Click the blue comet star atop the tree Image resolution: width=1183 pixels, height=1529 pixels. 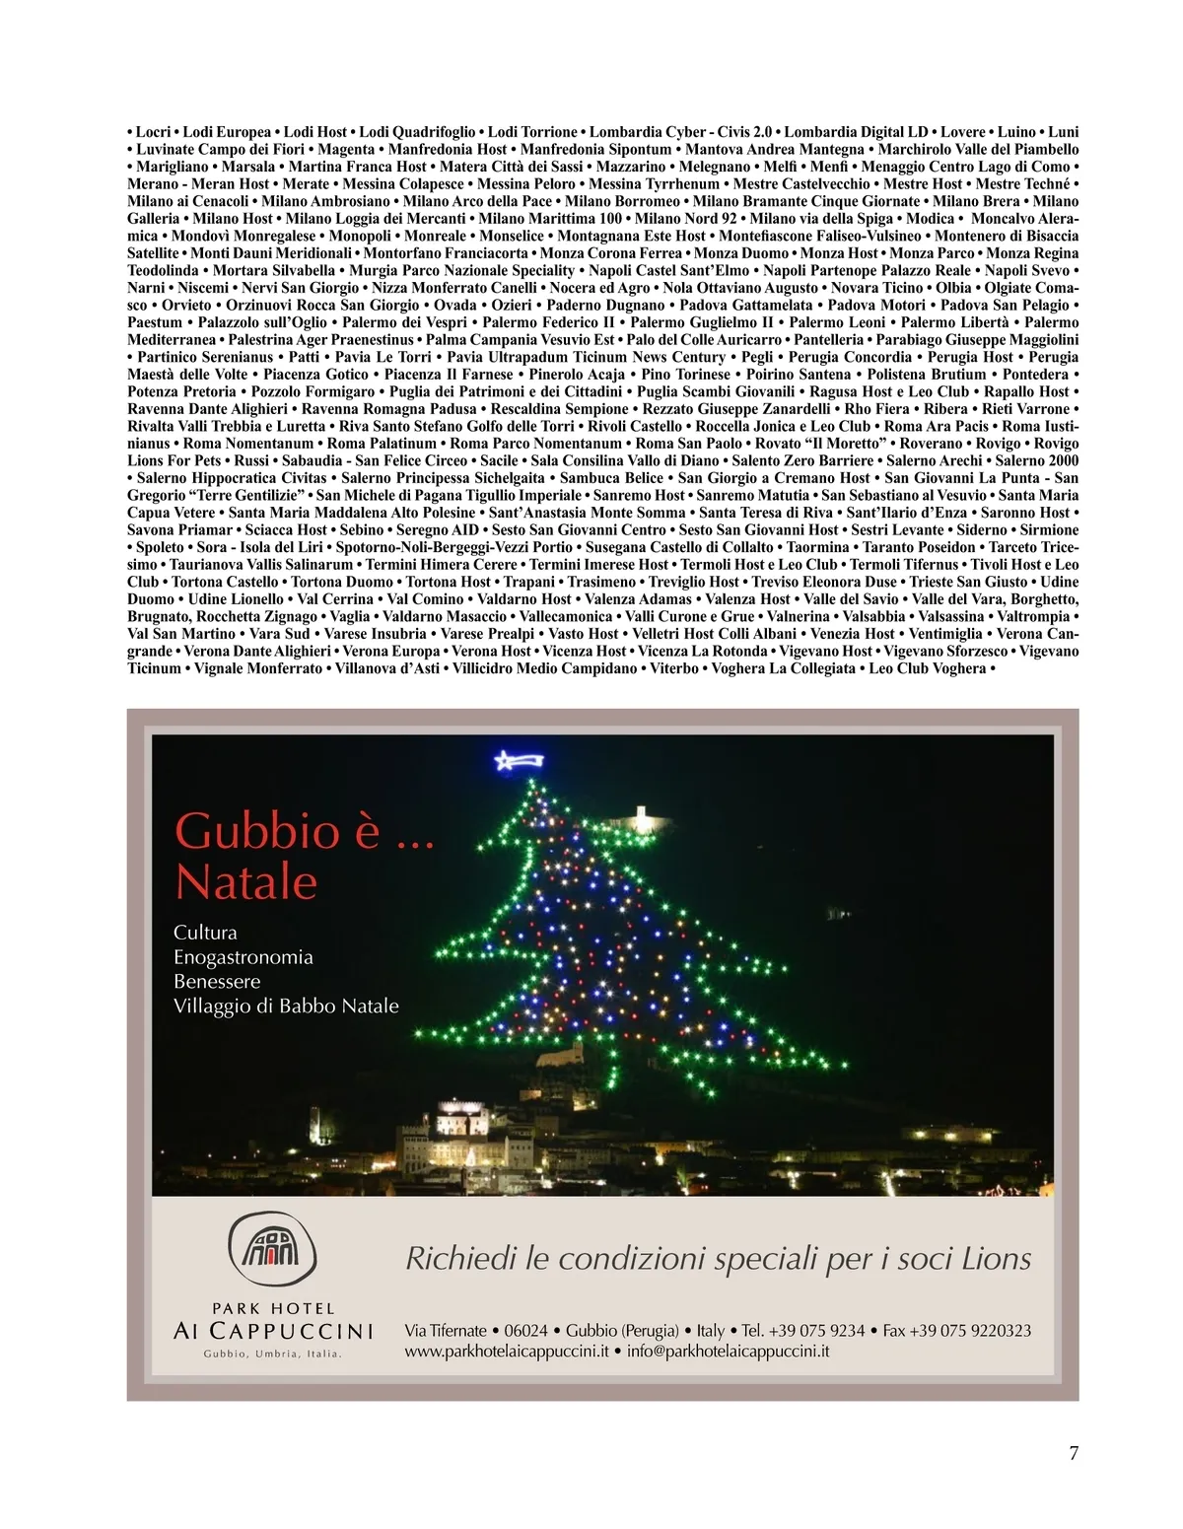click(517, 761)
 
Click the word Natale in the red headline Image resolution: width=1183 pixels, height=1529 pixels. click(245, 881)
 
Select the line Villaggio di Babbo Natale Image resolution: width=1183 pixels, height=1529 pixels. click(286, 1007)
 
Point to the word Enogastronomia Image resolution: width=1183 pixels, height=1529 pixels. click(243, 957)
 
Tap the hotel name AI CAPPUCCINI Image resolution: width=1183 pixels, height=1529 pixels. click(273, 1331)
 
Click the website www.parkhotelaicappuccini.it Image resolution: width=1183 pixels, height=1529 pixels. click(506, 1352)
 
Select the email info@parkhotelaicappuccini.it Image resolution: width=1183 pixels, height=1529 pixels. click(728, 1352)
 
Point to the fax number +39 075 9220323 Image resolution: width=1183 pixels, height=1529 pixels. click(970, 1331)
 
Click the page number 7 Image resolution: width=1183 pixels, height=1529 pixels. click(1074, 1453)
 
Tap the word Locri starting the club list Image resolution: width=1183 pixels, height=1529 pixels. click(154, 132)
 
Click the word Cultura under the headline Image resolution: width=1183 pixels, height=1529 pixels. click(205, 933)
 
